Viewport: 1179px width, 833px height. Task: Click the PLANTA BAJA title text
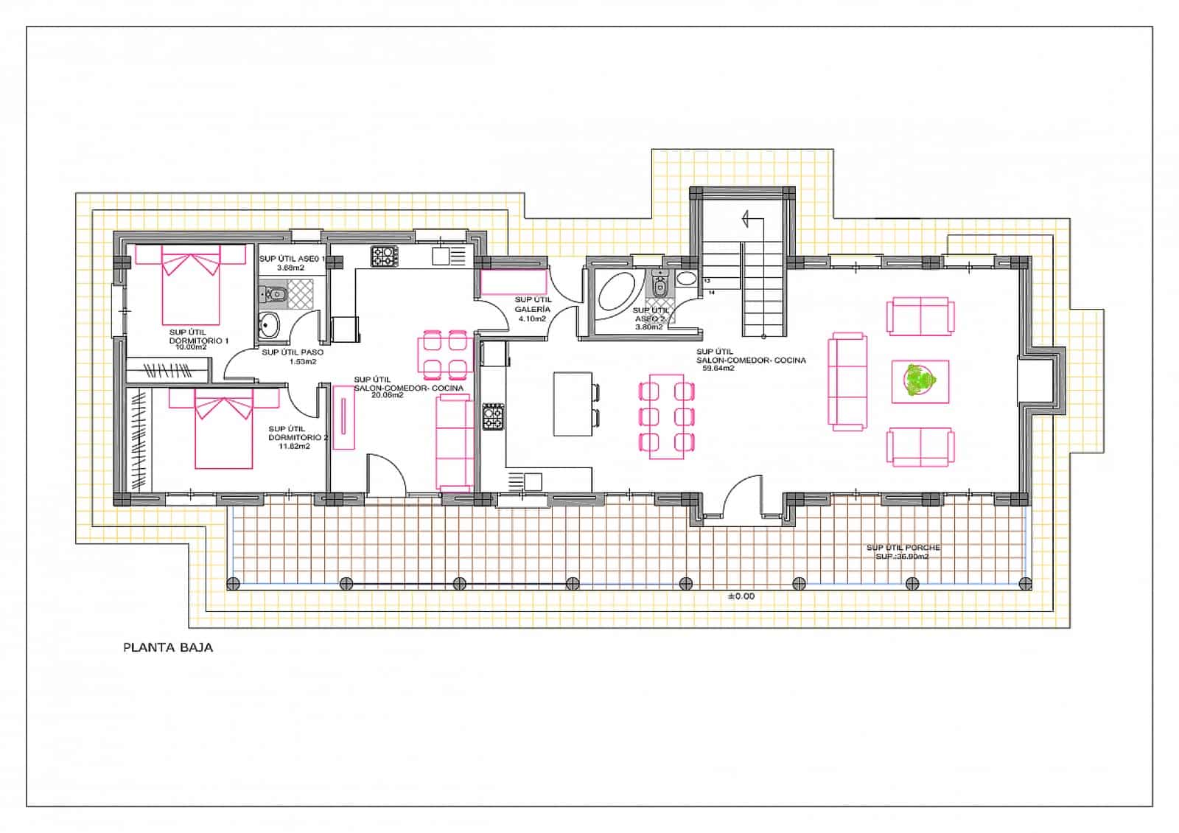click(x=168, y=648)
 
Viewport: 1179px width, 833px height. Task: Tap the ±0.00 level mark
click(x=741, y=596)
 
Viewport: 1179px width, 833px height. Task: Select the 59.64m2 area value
click(x=718, y=368)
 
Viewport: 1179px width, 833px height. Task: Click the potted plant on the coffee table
click(x=920, y=381)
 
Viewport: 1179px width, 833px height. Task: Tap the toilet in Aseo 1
click(x=274, y=295)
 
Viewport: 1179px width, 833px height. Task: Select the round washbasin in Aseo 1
click(x=269, y=324)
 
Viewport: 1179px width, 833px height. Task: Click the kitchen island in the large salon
click(x=573, y=404)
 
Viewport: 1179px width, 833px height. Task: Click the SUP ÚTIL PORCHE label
click(x=903, y=548)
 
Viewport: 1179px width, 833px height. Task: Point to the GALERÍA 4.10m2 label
click(x=533, y=310)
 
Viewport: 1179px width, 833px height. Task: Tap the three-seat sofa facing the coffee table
click(x=847, y=381)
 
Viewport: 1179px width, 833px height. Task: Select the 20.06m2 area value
click(x=388, y=395)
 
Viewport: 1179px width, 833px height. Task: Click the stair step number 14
click(x=712, y=293)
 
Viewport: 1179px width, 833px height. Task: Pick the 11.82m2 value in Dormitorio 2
click(x=294, y=446)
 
